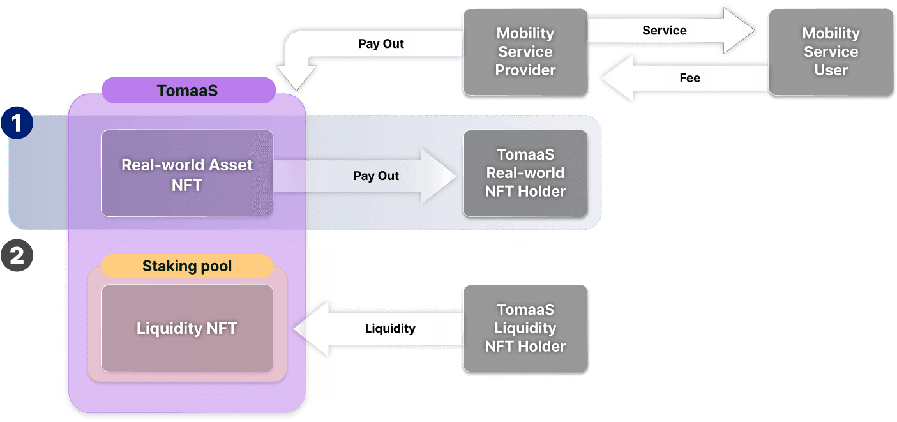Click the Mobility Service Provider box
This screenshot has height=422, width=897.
525,52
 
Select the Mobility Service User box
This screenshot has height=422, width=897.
831,52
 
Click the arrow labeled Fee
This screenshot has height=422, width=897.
683,78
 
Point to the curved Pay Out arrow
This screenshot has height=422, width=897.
358,45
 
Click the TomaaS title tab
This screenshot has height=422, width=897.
187,91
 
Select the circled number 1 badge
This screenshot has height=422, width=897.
17,123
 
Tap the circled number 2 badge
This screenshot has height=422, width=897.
17,256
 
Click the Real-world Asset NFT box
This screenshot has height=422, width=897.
187,174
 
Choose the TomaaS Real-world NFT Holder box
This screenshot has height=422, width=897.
525,173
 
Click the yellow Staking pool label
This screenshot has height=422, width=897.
187,266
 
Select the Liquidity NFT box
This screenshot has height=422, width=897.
187,328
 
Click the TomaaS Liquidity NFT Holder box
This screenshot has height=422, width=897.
525,328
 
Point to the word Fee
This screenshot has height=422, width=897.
690,78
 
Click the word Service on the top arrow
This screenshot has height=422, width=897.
664,31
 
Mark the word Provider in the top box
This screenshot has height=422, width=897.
525,70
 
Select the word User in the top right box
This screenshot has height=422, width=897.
831,70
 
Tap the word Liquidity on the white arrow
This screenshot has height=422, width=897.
390,329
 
